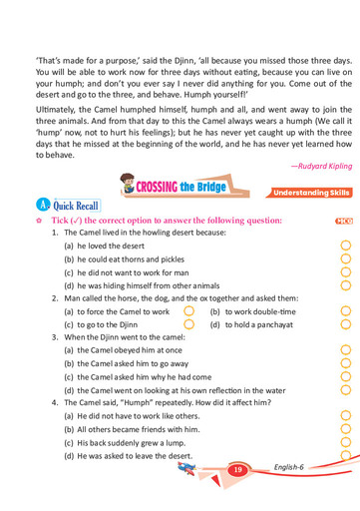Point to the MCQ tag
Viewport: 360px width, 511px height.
coord(344,220)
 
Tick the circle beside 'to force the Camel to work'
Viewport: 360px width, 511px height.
coord(188,311)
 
